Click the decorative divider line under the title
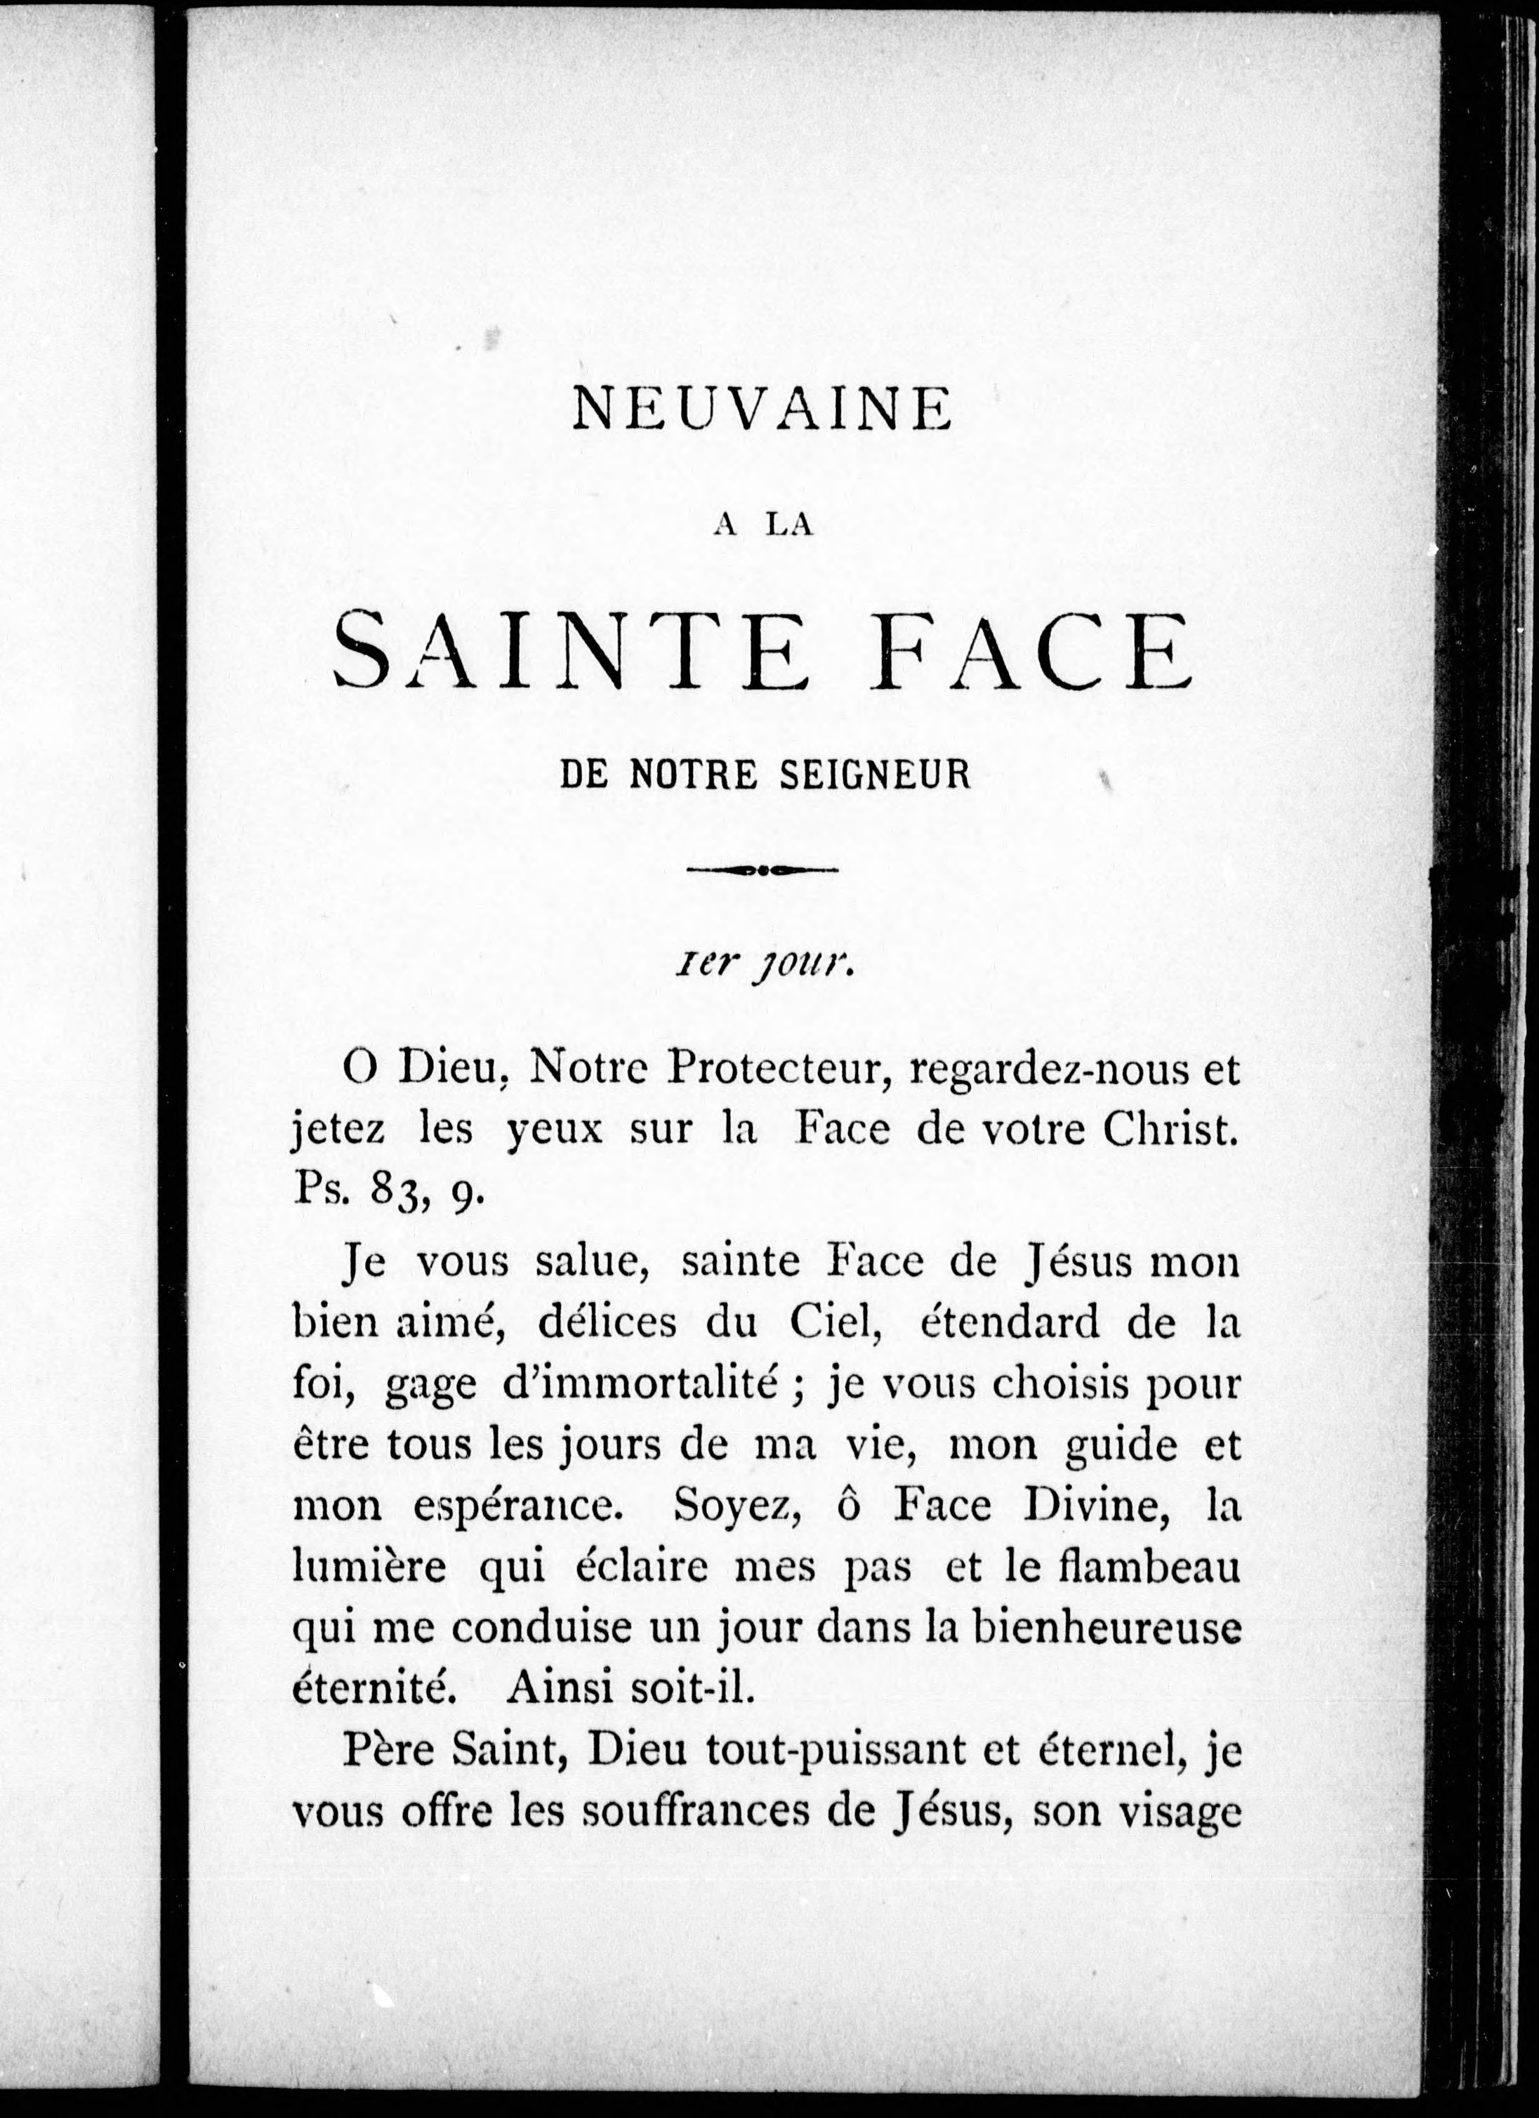point(762,869)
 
